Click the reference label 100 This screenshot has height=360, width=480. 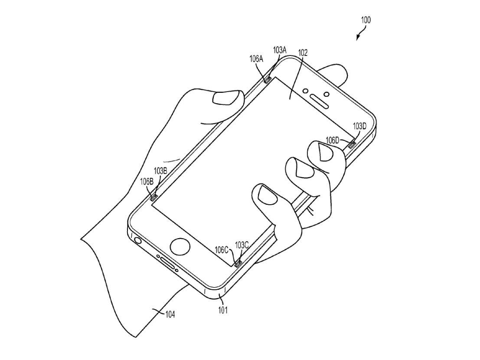pyautogui.click(x=366, y=20)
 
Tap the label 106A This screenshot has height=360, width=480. pyautogui.click(x=256, y=59)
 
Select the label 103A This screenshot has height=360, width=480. pyautogui.click(x=280, y=50)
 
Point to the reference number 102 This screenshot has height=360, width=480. pyautogui.click(x=303, y=52)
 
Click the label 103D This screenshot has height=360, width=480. pyautogui.click(x=360, y=126)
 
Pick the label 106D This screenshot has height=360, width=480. pyautogui.click(x=333, y=141)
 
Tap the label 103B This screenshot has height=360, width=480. pyautogui.click(x=160, y=171)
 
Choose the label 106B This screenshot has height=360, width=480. pyautogui.click(x=147, y=182)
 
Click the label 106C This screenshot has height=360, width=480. pyautogui.click(x=222, y=250)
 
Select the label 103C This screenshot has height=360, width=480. pyautogui.click(x=242, y=245)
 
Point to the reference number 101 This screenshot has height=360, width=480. pyautogui.click(x=223, y=310)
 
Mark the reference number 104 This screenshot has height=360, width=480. pyautogui.click(x=170, y=314)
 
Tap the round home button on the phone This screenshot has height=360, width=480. pyautogui.click(x=180, y=246)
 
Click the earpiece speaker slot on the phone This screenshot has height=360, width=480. pyautogui.click(x=319, y=101)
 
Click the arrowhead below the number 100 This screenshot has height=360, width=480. pyautogui.click(x=358, y=38)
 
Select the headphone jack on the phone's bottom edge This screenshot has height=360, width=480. pyautogui.click(x=138, y=240)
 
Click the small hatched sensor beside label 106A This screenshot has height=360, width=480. pyautogui.click(x=267, y=80)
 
